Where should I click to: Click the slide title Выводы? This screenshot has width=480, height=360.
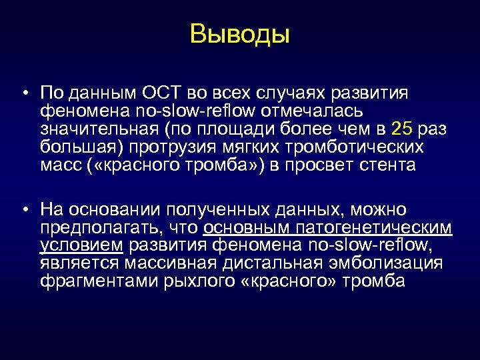240,33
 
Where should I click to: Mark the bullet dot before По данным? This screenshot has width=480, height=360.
24,93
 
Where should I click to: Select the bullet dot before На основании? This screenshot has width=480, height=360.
24,211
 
